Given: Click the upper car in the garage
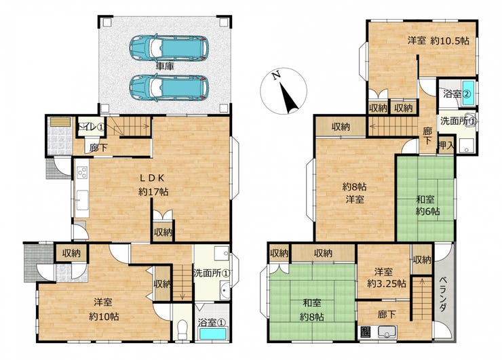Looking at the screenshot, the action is pyautogui.click(x=169, y=48).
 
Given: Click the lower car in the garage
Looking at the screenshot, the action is pyautogui.click(x=169, y=87).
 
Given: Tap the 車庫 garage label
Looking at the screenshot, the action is pyautogui.click(x=165, y=66).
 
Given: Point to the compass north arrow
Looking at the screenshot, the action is pyautogui.click(x=289, y=98).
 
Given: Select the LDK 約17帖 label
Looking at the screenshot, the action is pyautogui.click(x=153, y=184).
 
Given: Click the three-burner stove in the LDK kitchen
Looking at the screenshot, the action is pyautogui.click(x=82, y=172).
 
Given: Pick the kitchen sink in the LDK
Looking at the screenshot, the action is pyautogui.click(x=82, y=200).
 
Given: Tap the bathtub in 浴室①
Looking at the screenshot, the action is pyautogui.click(x=212, y=334).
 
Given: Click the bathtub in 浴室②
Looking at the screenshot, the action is pyautogui.click(x=468, y=93).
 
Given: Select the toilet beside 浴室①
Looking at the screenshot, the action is pyautogui.click(x=182, y=329).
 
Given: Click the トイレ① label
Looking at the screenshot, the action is pyautogui.click(x=91, y=127).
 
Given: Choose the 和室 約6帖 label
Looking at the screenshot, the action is pyautogui.click(x=427, y=205).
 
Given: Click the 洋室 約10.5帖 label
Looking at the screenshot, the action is pyautogui.click(x=438, y=41).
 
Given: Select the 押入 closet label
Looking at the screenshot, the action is pyautogui.click(x=446, y=146).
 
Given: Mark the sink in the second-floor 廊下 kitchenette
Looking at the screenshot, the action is pyautogui.click(x=387, y=332).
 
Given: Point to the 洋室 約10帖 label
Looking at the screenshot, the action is pyautogui.click(x=104, y=309).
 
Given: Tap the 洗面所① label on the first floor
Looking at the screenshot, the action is pyautogui.click(x=212, y=274).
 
